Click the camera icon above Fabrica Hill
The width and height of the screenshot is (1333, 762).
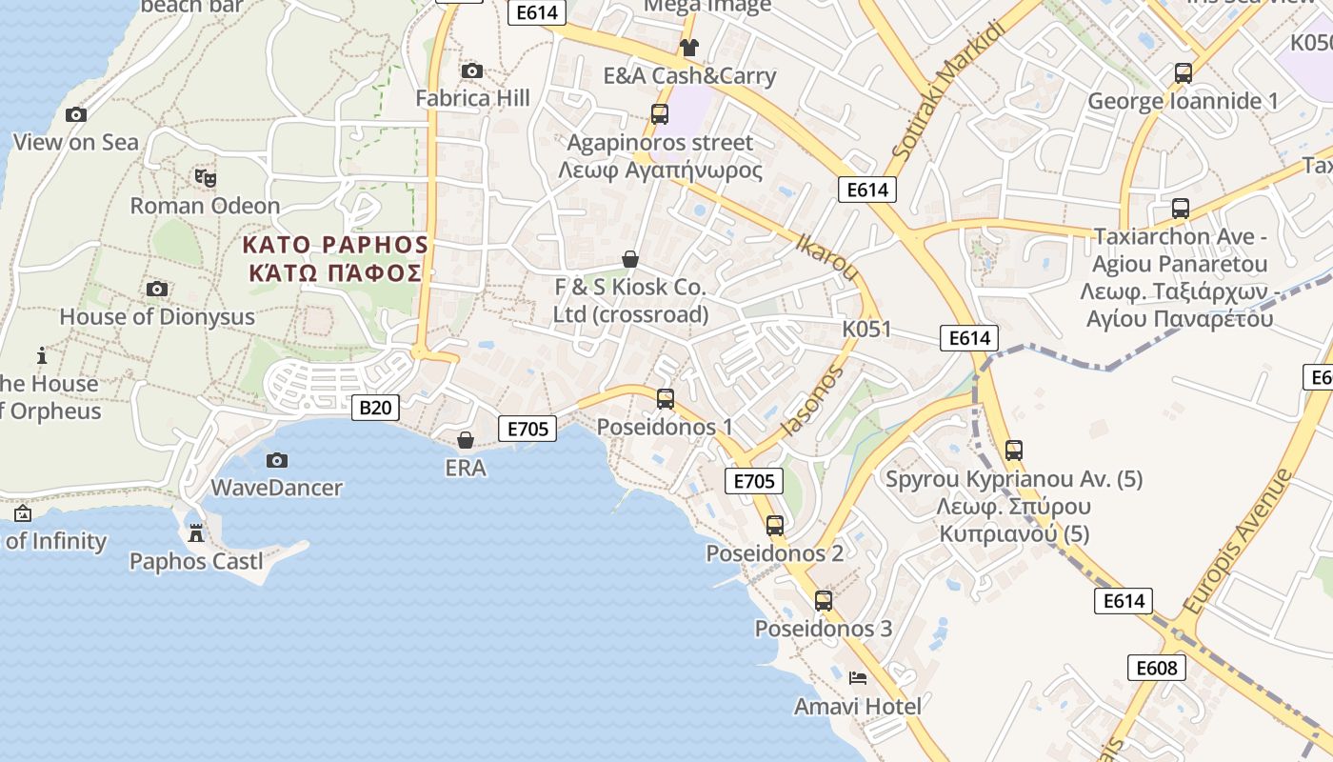[x=471, y=70]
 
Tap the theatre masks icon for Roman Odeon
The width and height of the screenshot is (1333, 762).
[x=205, y=177]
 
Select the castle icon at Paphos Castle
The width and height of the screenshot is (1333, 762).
[x=196, y=533]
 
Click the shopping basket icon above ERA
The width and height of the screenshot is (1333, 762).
[x=466, y=440]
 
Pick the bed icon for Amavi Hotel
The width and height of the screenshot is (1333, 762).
[x=858, y=678]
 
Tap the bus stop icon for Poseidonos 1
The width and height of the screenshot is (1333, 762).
[x=665, y=399]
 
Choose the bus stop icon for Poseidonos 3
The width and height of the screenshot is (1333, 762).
[x=824, y=601]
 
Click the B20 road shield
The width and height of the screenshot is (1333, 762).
[x=375, y=409]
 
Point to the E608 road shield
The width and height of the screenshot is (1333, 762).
[x=1157, y=668]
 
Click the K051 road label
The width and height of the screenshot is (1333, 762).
[x=866, y=330]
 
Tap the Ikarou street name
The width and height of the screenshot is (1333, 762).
[x=826, y=256]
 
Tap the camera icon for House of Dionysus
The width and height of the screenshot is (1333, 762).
[x=157, y=289]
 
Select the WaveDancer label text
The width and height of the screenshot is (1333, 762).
[x=276, y=488]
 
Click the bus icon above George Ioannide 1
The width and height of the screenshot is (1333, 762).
[x=1183, y=73]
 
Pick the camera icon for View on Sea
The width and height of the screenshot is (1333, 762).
[x=76, y=115]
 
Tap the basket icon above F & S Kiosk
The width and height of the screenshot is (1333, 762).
[x=629, y=259]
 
